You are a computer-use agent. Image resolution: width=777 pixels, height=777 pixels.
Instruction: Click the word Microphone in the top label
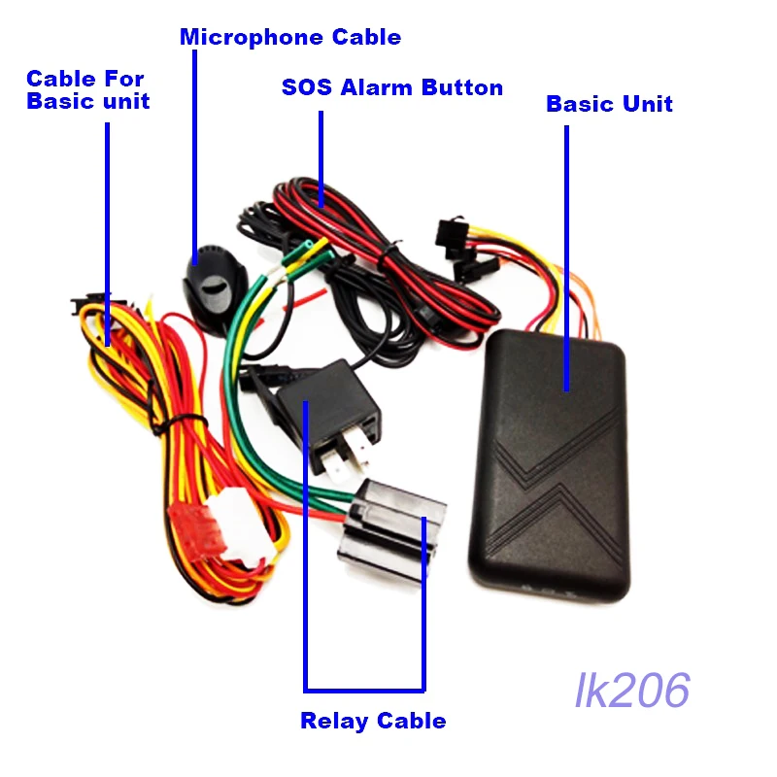tap(252, 38)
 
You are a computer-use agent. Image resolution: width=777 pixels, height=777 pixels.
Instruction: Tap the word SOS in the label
tap(306, 87)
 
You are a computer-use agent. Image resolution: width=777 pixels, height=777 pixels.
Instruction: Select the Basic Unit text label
tap(609, 104)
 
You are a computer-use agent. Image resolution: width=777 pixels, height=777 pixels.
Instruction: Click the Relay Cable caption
tap(373, 721)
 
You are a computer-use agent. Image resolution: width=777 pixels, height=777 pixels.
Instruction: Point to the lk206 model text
tap(632, 691)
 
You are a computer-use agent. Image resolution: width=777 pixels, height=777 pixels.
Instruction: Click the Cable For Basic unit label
tap(87, 89)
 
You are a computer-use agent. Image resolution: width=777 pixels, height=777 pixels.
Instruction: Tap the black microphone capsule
tap(215, 288)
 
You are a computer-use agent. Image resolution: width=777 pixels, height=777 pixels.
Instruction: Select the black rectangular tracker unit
tap(549, 465)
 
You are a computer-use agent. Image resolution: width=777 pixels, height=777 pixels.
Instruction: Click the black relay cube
tap(328, 401)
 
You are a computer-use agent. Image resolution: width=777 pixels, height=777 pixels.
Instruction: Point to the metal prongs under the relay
tap(346, 456)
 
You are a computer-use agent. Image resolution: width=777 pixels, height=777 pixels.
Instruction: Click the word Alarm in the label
tap(376, 87)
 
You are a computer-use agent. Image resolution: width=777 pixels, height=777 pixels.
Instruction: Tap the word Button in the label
tap(462, 87)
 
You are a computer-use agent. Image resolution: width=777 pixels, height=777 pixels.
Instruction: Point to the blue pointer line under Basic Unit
tap(566, 258)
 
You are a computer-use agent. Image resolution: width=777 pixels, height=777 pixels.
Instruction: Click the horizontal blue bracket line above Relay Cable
tap(364, 690)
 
